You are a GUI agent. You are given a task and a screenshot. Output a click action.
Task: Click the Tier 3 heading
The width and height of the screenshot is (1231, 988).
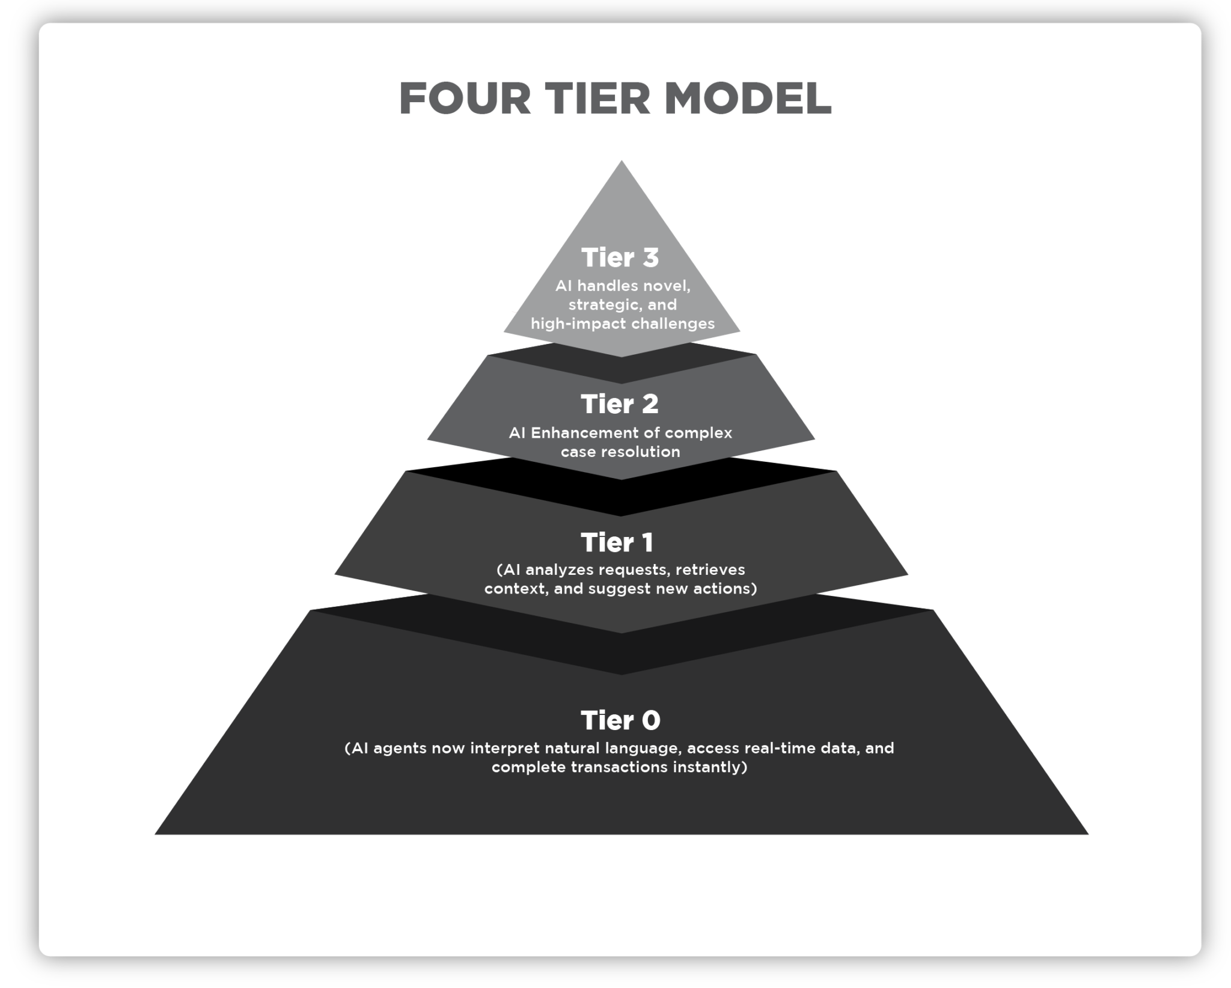[620, 257]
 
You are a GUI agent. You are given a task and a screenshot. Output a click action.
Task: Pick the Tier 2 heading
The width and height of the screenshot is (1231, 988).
[620, 404]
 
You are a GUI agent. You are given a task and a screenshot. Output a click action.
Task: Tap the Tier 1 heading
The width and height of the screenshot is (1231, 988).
[617, 542]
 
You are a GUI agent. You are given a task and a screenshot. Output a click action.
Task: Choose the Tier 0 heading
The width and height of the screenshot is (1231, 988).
[620, 720]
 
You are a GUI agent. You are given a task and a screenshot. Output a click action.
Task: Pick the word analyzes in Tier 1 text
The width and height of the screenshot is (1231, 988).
[560, 569]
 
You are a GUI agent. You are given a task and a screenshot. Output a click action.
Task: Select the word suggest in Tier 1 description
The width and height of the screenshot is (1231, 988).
[620, 589]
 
